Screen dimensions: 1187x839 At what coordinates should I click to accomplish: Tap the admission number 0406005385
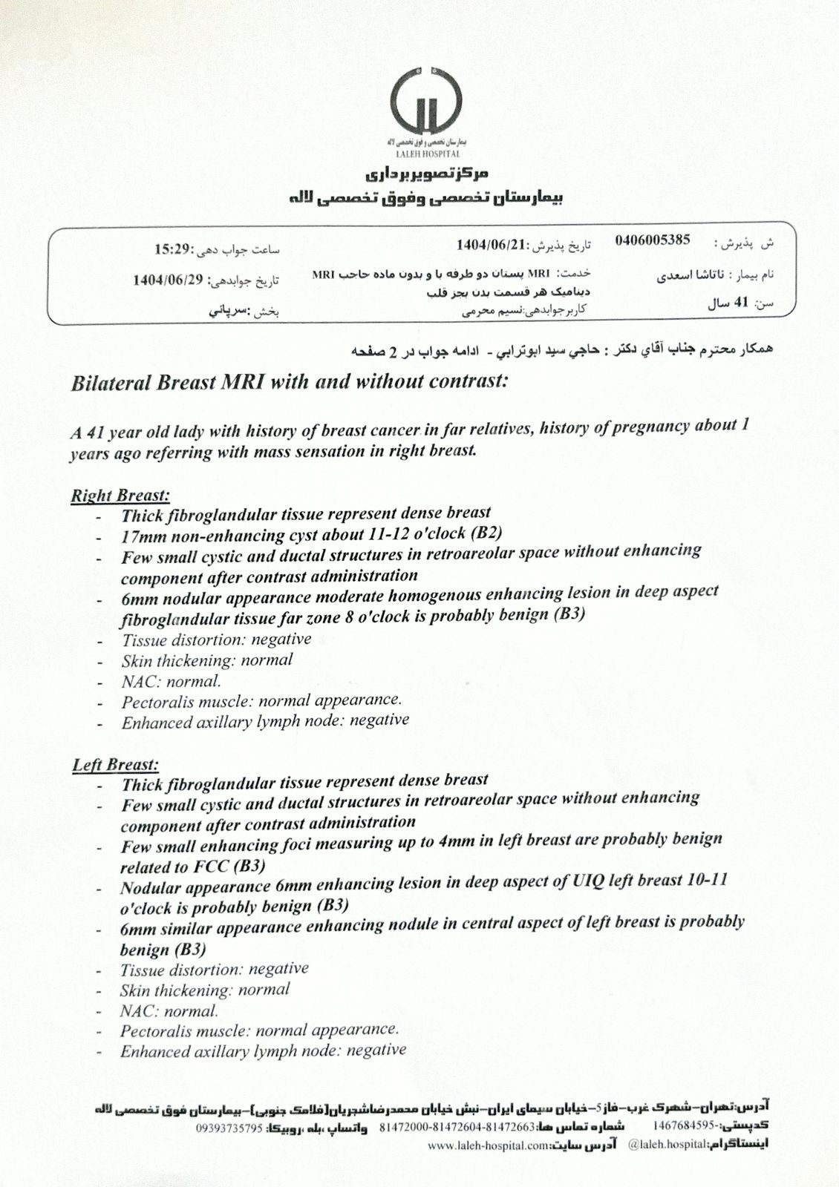(x=653, y=240)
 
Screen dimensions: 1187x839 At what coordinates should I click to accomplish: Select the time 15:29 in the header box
(x=174, y=249)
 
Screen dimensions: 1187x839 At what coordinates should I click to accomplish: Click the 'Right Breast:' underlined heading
(x=120, y=496)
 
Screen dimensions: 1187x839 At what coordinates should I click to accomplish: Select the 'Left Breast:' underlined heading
(x=116, y=764)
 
